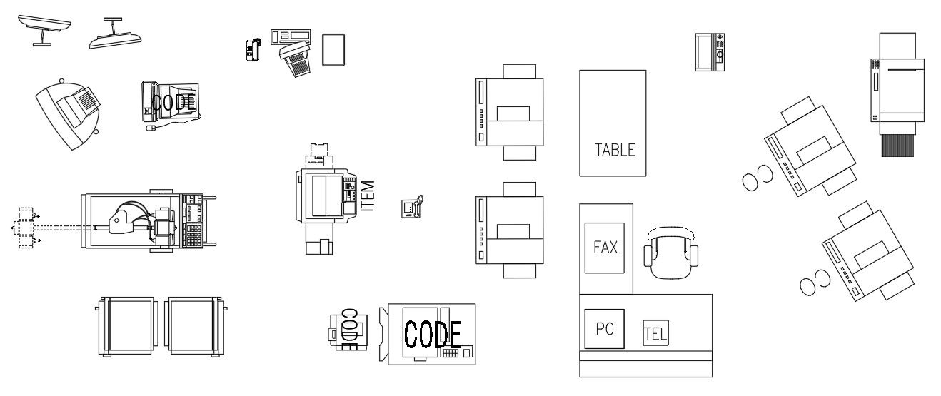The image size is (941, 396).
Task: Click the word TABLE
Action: click(615, 151)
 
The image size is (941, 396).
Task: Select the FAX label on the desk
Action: click(605, 248)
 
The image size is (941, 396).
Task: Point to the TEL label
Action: click(653, 332)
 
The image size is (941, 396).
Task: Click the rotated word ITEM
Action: click(368, 195)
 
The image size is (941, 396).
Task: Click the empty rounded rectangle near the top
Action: click(333, 49)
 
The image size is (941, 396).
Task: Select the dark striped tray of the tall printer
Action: click(897, 145)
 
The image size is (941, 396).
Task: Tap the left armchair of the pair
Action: click(129, 326)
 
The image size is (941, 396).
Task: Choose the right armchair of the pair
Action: click(195, 326)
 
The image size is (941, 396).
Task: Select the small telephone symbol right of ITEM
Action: click(411, 208)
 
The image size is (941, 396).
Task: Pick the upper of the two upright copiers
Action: click(509, 111)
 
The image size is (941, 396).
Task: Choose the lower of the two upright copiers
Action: click(509, 228)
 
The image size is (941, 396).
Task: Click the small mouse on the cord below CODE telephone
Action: click(150, 129)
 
